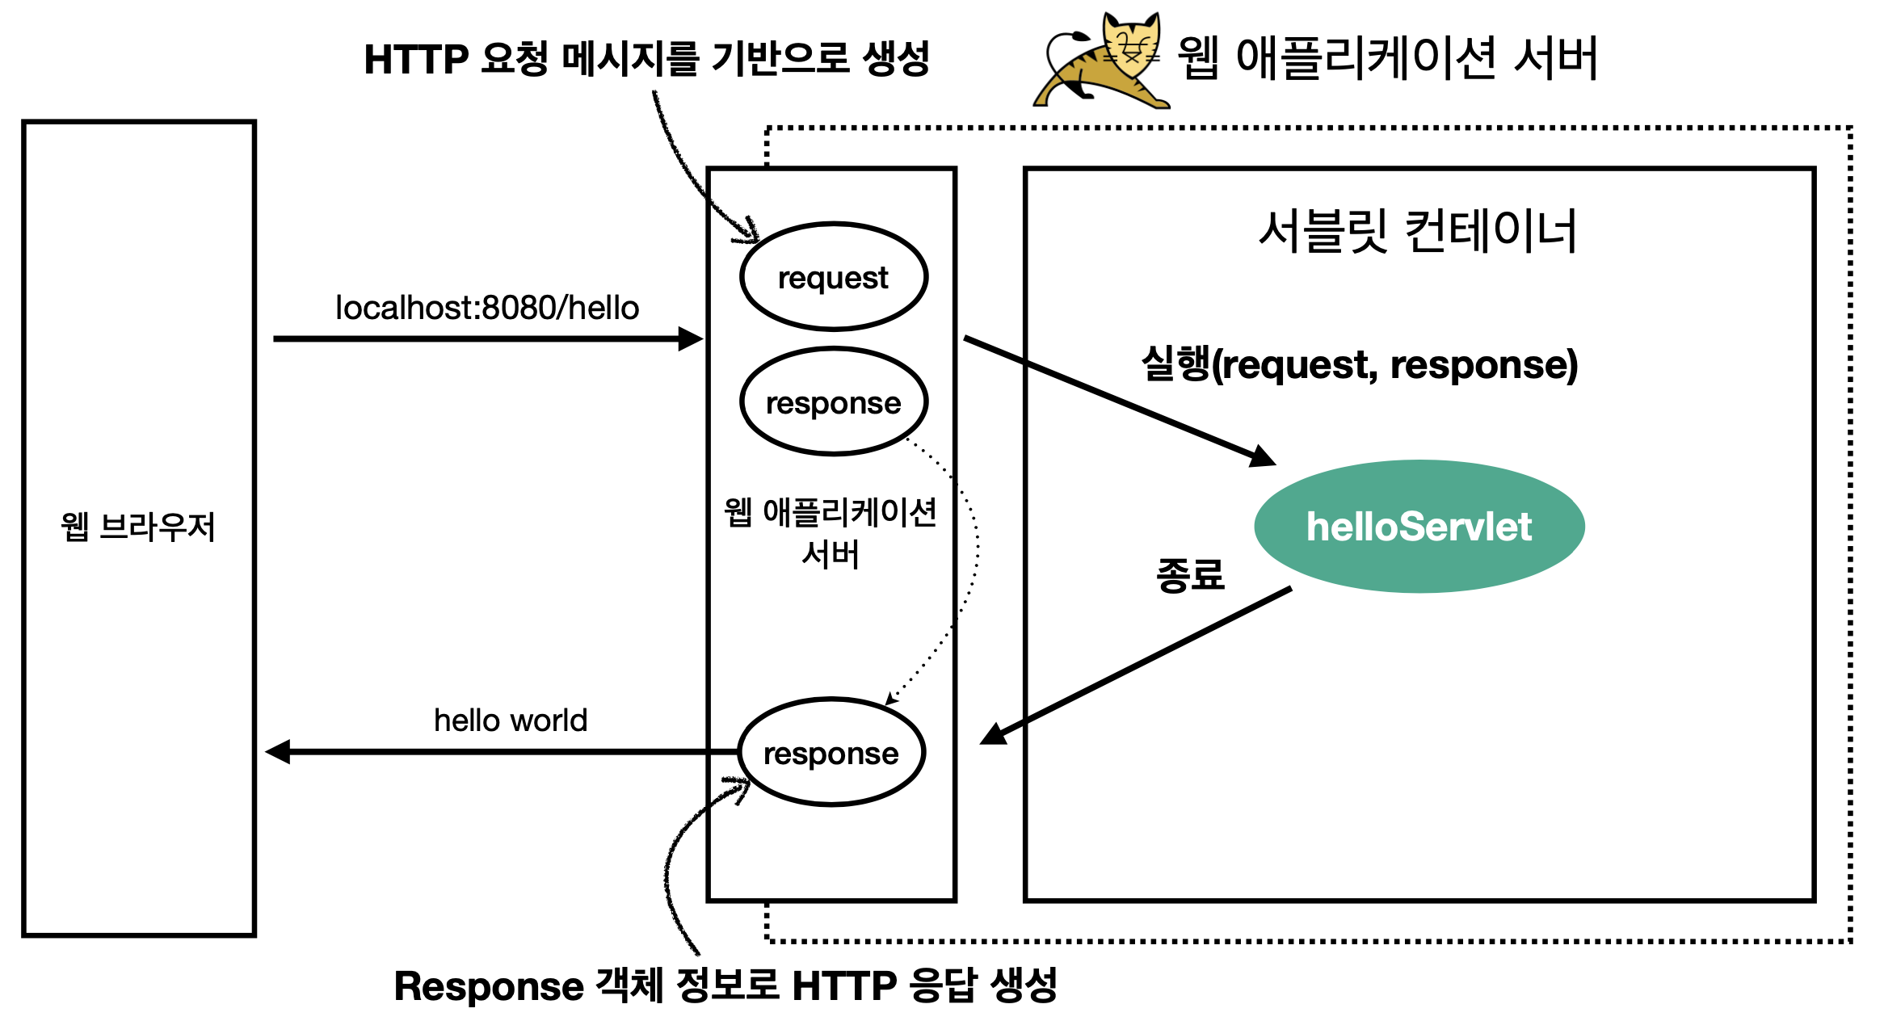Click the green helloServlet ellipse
tap(1419, 527)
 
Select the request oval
tap(833, 277)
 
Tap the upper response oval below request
tap(833, 402)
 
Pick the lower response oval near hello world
tap(831, 753)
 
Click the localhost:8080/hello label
tap(487, 308)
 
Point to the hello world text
tap(511, 720)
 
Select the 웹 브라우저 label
tap(138, 527)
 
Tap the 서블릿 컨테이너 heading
tap(1418, 231)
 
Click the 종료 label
tap(1190, 575)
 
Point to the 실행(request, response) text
tap(1360, 364)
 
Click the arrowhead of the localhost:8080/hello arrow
tap(691, 338)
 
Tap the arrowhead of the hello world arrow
tap(278, 752)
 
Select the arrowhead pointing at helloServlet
tap(1262, 457)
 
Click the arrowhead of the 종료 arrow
tap(994, 733)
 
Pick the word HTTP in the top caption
tap(416, 60)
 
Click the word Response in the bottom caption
tap(489, 986)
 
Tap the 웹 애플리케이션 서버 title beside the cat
tap(1387, 58)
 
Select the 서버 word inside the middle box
tap(831, 555)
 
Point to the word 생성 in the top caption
tap(896, 58)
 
